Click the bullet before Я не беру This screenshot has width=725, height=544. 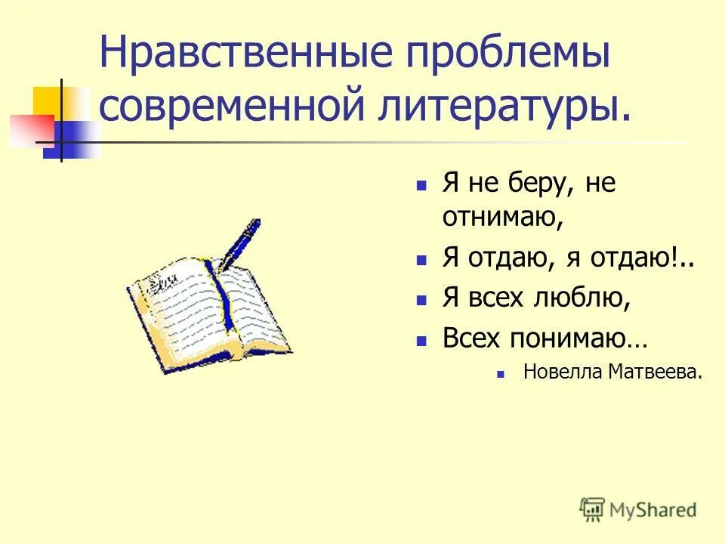(423, 186)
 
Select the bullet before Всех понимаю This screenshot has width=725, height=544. (423, 339)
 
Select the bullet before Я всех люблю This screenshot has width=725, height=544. (423, 299)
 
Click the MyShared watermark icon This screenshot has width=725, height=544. (592, 509)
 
